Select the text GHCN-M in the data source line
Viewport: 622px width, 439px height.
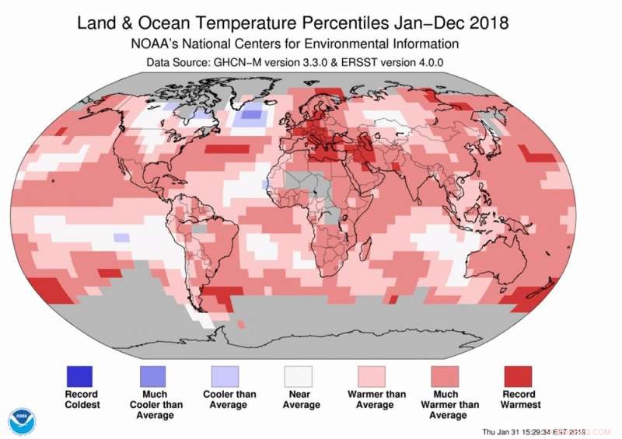pyautogui.click(x=236, y=61)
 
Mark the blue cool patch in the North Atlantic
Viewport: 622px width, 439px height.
pyautogui.click(x=250, y=118)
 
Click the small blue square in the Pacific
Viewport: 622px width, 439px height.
pyautogui.click(x=121, y=238)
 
